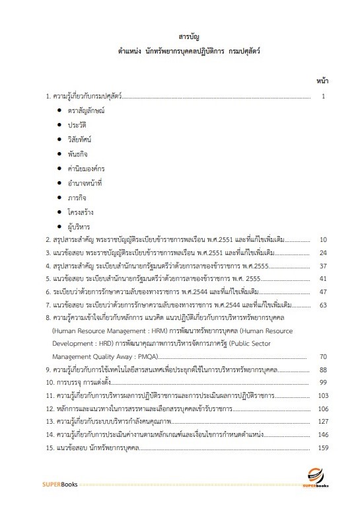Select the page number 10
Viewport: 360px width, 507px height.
pyautogui.click(x=323, y=239)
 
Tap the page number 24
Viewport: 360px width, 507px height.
pyautogui.click(x=323, y=253)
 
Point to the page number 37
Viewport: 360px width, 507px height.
pyautogui.click(x=323, y=266)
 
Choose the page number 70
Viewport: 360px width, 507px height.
pyautogui.click(x=323, y=356)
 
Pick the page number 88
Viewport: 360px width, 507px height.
pyautogui.click(x=323, y=370)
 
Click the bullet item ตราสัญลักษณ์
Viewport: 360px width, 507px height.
pyautogui.click(x=87, y=111)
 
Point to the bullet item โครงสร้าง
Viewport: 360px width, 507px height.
pyautogui.click(x=82, y=212)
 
